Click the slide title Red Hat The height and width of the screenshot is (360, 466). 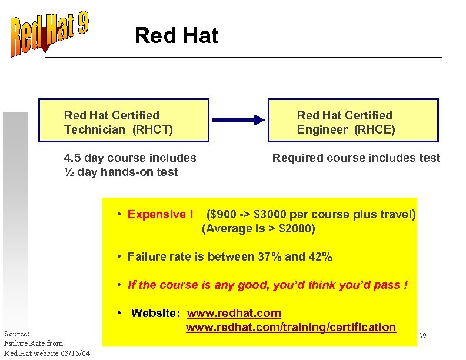[x=176, y=36]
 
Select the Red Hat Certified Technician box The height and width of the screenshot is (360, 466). [x=124, y=121]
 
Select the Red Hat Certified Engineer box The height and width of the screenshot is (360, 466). [x=353, y=121]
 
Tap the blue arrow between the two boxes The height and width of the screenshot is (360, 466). [x=238, y=120]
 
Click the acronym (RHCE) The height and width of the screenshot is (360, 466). [x=374, y=129]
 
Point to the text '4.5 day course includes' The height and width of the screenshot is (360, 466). [x=130, y=158]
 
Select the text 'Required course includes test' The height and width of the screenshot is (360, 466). [x=356, y=158]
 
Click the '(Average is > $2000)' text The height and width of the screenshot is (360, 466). [x=258, y=228]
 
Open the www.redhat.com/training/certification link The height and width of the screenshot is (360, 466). [x=291, y=327]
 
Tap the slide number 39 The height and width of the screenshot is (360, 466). [x=422, y=335]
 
